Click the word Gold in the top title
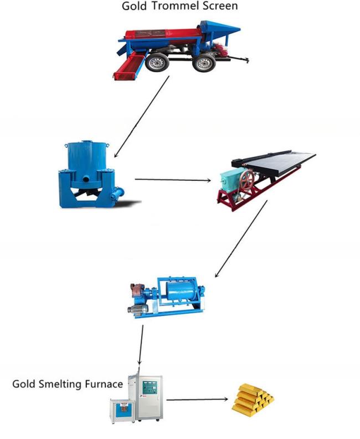134,6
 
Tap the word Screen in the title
220,6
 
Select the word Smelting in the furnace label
60,384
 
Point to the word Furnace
104,384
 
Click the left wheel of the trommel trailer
157,63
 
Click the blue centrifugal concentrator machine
90,175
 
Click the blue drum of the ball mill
182,293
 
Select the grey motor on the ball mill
138,310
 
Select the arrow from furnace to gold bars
197,399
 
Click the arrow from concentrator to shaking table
173,180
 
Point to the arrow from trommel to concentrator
142,117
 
